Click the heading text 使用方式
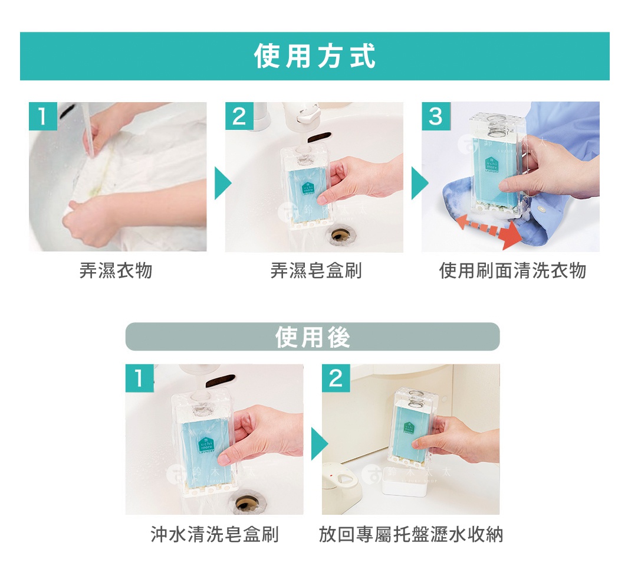click(x=314, y=57)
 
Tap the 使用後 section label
click(x=313, y=337)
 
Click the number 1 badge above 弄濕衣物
click(x=42, y=116)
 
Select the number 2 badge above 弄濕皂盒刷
click(x=239, y=116)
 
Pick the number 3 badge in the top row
click(x=436, y=116)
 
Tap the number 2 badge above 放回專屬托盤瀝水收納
click(x=336, y=378)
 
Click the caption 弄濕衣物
click(x=116, y=271)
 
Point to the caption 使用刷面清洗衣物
click(x=512, y=271)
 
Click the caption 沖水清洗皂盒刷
click(x=215, y=535)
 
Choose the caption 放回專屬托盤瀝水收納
click(x=411, y=535)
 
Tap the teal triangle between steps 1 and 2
click(x=222, y=182)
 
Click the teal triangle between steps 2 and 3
click(x=419, y=182)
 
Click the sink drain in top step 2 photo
click(x=340, y=234)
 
